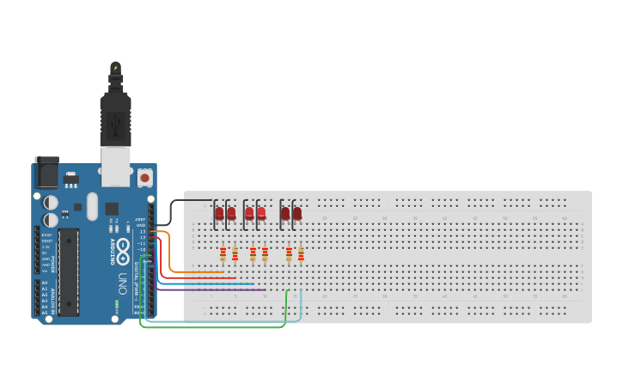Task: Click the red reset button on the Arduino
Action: pos(144,178)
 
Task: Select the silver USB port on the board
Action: pos(114,166)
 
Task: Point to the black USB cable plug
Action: pos(114,116)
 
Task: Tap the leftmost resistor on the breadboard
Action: pos(223,253)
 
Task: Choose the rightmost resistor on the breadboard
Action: pos(301,253)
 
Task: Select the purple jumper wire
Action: pos(215,290)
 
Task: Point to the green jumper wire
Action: pos(215,327)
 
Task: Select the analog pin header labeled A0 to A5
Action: pos(37,298)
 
